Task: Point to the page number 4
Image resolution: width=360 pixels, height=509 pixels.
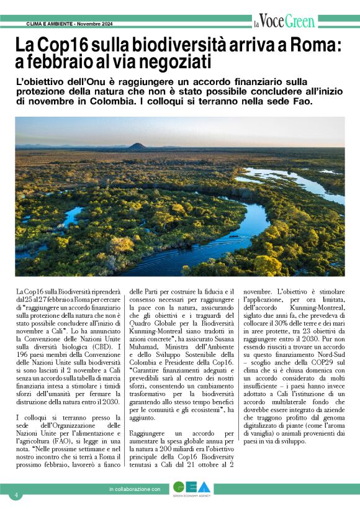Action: pyautogui.click(x=17, y=495)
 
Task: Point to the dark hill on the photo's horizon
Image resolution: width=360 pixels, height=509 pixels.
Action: pyautogui.click(x=137, y=146)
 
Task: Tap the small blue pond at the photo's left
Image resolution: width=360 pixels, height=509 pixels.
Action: pyautogui.click(x=71, y=215)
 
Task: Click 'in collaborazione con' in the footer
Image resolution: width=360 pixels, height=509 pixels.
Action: pyautogui.click(x=135, y=490)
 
